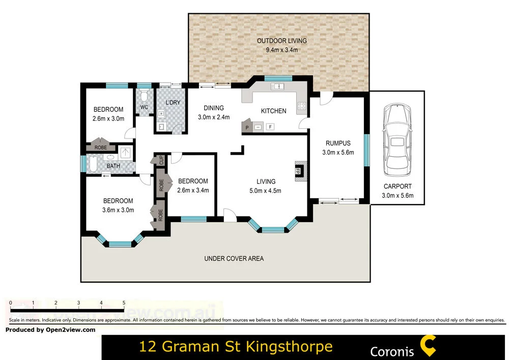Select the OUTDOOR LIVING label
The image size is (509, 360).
click(x=281, y=41)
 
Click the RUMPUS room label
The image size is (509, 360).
click(x=338, y=144)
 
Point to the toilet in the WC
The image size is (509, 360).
click(x=144, y=97)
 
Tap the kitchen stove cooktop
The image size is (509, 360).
click(x=301, y=106)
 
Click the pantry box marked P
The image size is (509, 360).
click(x=247, y=127)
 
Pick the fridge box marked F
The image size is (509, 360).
click(x=270, y=127)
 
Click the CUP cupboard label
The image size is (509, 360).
click(x=161, y=159)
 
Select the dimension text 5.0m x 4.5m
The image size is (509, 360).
click(x=265, y=191)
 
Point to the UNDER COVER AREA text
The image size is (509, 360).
click(x=234, y=259)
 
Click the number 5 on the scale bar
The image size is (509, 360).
click(x=124, y=302)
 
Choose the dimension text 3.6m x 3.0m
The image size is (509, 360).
click(x=118, y=210)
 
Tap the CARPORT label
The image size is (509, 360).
click(x=398, y=186)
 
